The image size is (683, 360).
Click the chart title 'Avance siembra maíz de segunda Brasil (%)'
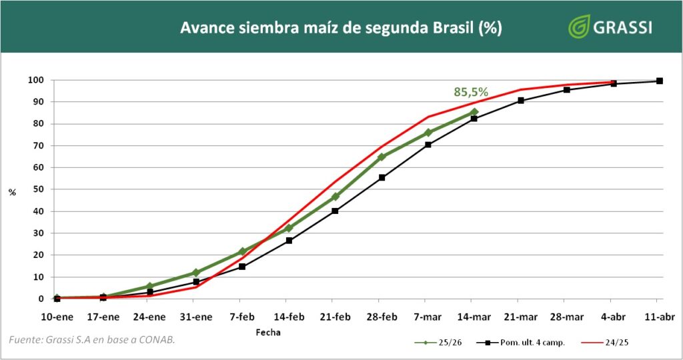point(341,28)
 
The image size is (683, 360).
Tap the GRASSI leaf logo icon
point(578,27)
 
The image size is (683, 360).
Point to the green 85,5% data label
point(471,92)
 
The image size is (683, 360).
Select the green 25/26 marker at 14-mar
point(474,112)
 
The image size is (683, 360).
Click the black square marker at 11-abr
point(659,81)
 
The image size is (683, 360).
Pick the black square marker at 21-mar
point(520,101)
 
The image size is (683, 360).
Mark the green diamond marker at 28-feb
point(382,157)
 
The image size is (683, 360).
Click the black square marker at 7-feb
point(242,267)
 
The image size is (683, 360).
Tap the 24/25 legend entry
point(614,343)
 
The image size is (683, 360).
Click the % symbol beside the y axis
point(12,193)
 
